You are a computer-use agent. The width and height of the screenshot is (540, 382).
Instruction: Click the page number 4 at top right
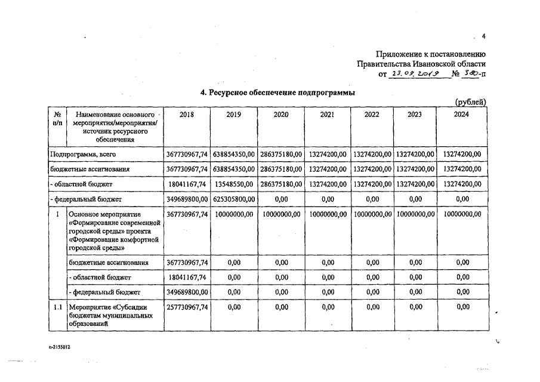(x=484, y=36)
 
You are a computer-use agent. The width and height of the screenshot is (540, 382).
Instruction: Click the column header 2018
(x=187, y=115)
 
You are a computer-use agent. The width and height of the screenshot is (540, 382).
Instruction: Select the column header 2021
(x=327, y=115)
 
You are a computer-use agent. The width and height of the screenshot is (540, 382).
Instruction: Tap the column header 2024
(x=462, y=115)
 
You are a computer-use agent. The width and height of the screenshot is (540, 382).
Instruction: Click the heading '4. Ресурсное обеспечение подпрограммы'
(x=277, y=93)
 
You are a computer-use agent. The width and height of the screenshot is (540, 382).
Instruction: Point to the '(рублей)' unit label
(x=470, y=102)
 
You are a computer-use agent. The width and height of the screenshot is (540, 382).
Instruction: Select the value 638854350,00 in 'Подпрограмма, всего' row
(x=234, y=154)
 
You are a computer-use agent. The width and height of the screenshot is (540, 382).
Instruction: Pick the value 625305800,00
(x=234, y=199)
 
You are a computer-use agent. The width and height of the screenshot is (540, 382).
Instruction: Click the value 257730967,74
(x=187, y=307)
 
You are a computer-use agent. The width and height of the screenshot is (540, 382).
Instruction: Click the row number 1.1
(x=58, y=307)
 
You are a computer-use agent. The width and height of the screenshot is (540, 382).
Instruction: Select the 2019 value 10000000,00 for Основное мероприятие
(x=234, y=214)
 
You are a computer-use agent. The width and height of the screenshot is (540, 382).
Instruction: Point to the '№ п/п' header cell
(x=58, y=118)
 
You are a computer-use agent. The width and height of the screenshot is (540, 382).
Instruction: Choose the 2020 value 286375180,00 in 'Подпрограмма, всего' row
(x=280, y=154)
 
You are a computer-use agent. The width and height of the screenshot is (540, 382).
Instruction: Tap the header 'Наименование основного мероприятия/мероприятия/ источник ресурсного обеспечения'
(x=115, y=126)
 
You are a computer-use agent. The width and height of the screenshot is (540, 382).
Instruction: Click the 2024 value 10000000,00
(x=462, y=214)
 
